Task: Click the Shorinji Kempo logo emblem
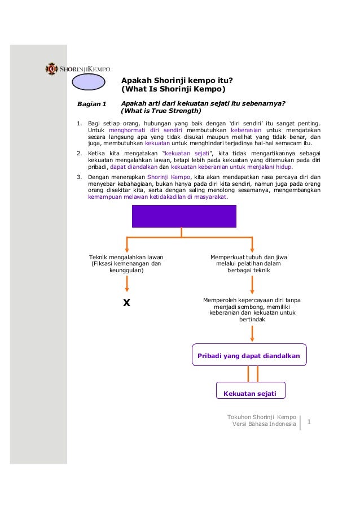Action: pyautogui.click(x=51, y=69)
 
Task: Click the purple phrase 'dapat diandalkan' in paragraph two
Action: pyautogui.click(x=133, y=167)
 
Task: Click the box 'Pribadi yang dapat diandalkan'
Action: pyautogui.click(x=249, y=356)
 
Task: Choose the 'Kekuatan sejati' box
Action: pyautogui.click(x=250, y=391)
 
